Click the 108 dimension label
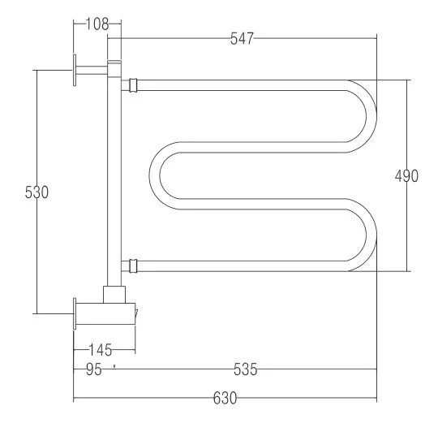coord(97,24)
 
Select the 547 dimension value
coord(242,39)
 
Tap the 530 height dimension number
coord(36,192)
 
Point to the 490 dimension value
coord(406,176)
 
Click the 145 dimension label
coord(101,350)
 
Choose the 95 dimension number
coord(94,369)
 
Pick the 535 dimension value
coord(245,369)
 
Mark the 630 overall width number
coord(225,398)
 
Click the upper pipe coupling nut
coord(133,85)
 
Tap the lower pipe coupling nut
coord(133,265)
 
